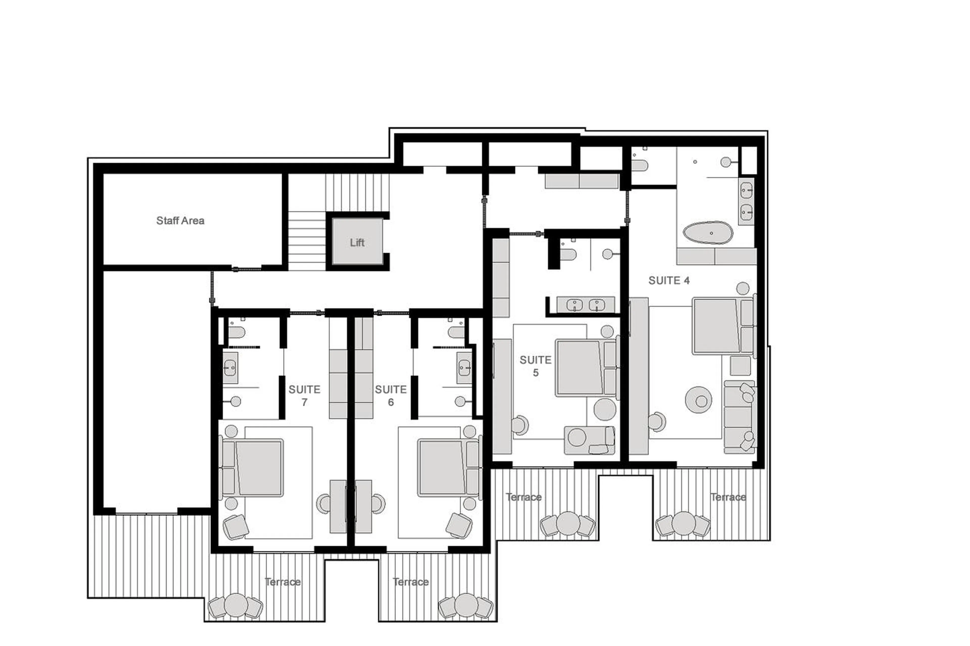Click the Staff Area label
coord(180,220)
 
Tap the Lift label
coord(357,242)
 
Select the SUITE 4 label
coord(669,280)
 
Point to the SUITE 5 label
coord(535,366)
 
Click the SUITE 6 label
coord(390,396)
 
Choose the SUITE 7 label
coord(304,396)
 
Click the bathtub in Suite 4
coord(708,233)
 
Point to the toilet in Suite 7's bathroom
coord(237,332)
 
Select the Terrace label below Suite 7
coord(282,582)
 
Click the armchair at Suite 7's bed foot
coord(236,527)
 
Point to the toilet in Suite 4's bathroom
coord(639,166)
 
